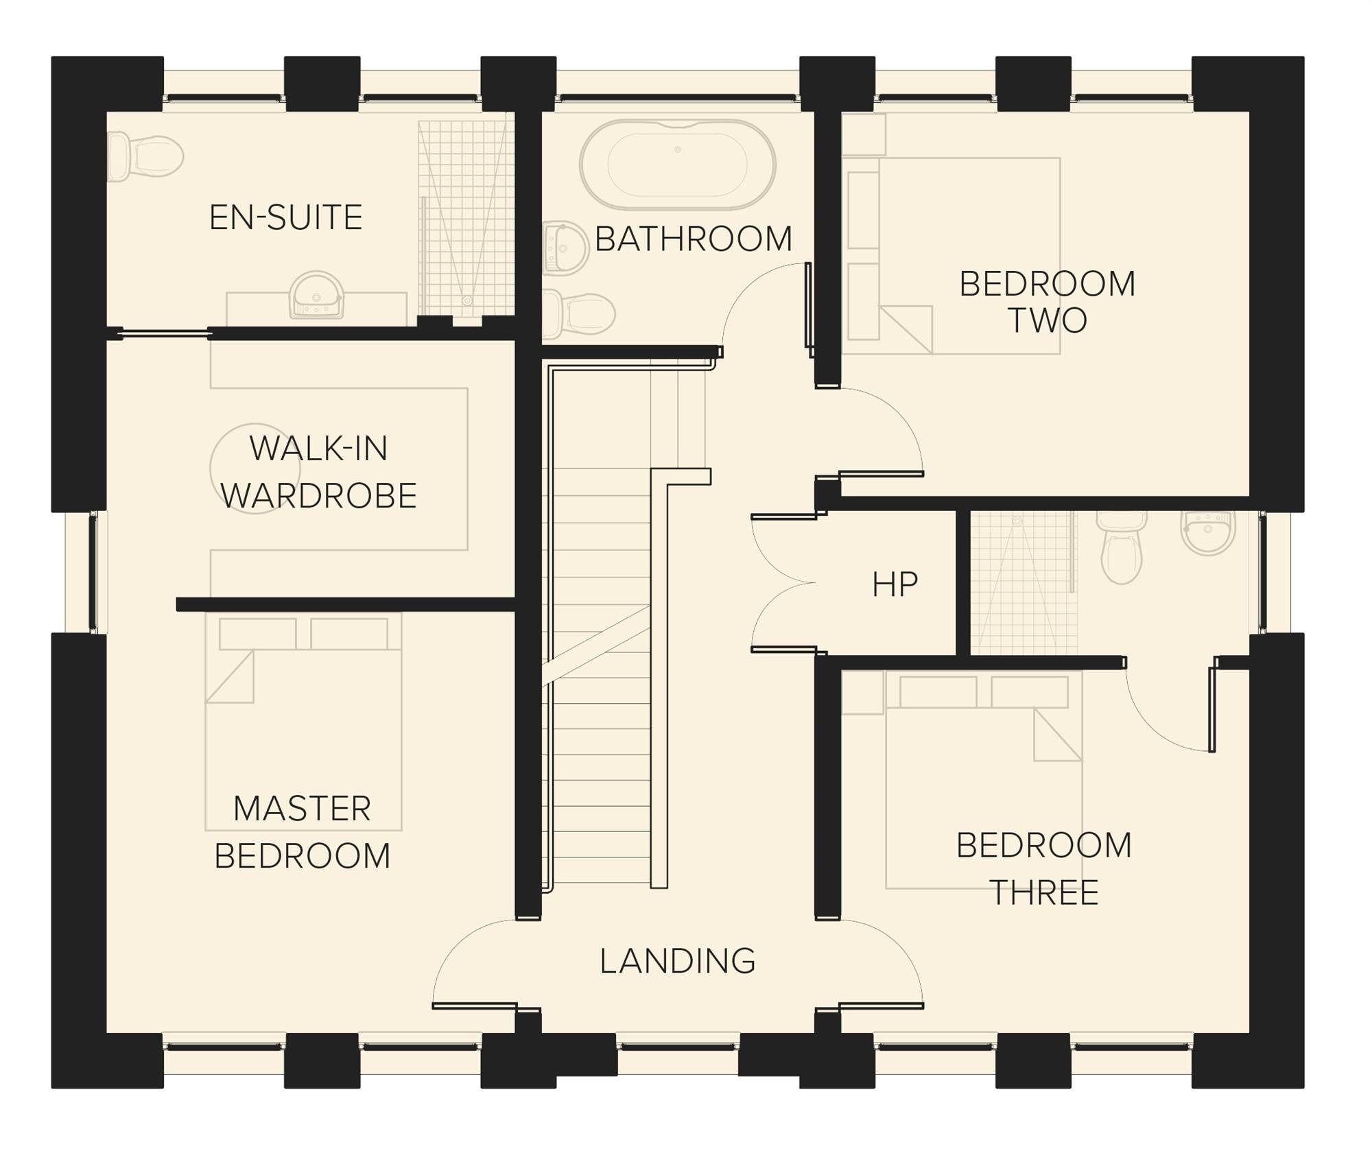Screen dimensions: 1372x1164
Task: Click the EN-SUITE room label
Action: coord(285,217)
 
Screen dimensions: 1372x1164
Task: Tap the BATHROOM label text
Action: coord(694,239)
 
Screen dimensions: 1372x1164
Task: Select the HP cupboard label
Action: coord(895,584)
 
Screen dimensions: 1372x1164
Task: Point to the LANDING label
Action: coord(678,961)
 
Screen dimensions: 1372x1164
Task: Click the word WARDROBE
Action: coord(319,495)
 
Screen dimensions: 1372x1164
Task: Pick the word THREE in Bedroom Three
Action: coord(1044,892)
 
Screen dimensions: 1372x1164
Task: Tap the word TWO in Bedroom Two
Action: coord(1048,320)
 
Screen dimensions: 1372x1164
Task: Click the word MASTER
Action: coord(302,809)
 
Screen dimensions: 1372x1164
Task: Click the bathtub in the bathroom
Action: coord(678,165)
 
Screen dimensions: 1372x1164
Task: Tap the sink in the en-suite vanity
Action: coord(316,295)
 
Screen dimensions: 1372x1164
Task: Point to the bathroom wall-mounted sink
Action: coord(565,247)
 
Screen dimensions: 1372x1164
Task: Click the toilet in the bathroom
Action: coord(578,314)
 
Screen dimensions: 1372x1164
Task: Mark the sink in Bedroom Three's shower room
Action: coord(1208,532)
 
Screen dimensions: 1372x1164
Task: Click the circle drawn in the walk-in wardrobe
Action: coord(255,468)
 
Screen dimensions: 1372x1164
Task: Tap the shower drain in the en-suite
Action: coord(468,300)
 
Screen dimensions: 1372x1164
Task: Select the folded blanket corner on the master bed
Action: coord(230,676)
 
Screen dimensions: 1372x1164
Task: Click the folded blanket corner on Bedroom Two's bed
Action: coord(906,329)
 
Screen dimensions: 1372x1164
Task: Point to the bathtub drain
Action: coord(678,150)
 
